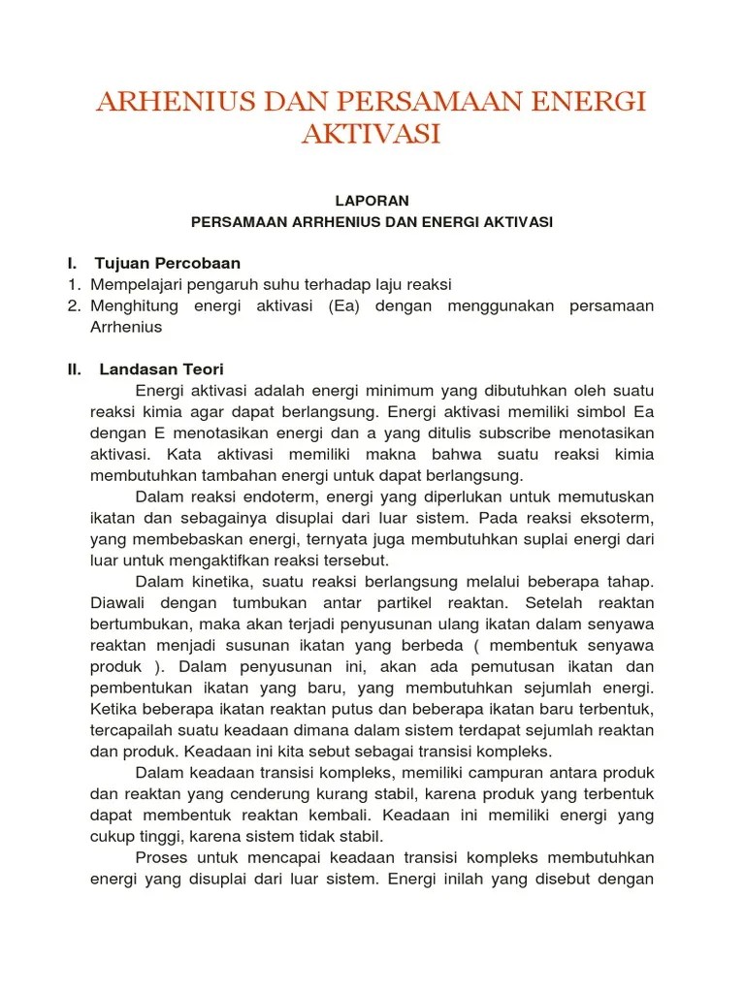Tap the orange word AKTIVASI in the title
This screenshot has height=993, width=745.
click(x=372, y=134)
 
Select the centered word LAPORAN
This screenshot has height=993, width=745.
click(x=372, y=201)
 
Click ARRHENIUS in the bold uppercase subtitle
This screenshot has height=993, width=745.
click(x=327, y=222)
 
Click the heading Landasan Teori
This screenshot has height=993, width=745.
click(x=161, y=369)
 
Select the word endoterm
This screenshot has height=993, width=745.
click(x=272, y=496)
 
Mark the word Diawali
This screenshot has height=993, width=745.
click(x=117, y=602)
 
